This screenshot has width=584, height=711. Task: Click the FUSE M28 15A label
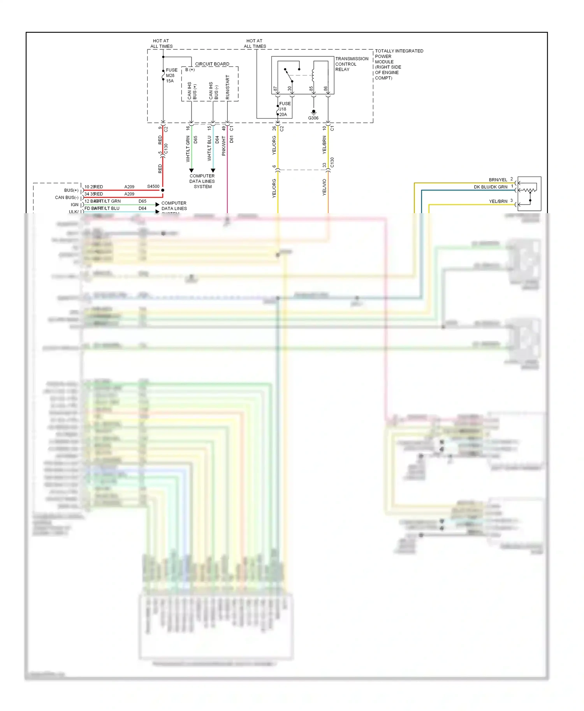[171, 75]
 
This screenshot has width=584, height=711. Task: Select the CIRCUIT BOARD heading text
[212, 64]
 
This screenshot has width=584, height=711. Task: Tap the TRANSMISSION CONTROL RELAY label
[351, 64]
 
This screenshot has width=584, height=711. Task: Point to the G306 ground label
[313, 118]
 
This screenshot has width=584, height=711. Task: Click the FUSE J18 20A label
[285, 109]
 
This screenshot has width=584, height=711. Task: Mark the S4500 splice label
[153, 186]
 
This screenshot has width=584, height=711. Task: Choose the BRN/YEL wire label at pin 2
[498, 180]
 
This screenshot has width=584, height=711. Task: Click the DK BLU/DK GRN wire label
[490, 187]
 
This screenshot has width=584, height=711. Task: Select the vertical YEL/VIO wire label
[324, 187]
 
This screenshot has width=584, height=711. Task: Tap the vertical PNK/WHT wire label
[224, 146]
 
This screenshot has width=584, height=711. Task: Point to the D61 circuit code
[231, 139]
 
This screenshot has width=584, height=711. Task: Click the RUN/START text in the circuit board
[228, 87]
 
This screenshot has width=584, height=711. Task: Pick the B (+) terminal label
[190, 70]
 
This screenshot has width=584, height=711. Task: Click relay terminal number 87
[275, 89]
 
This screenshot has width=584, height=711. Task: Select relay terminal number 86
[325, 89]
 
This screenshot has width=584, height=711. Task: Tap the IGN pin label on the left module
[74, 205]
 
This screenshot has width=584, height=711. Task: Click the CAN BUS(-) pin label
[67, 198]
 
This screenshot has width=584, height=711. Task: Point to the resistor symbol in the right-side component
[529, 190]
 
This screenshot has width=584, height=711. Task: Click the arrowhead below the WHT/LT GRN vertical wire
[191, 170]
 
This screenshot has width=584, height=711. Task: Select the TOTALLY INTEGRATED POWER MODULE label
[399, 64]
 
